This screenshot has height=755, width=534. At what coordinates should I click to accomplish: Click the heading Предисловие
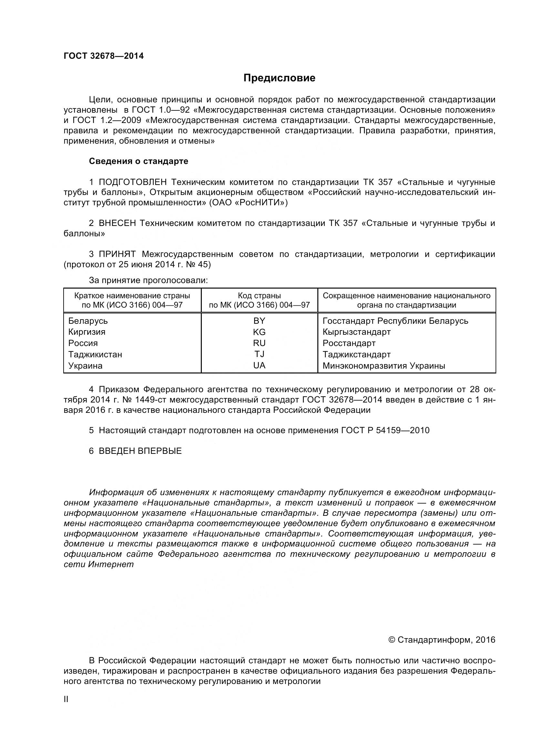tap(279, 78)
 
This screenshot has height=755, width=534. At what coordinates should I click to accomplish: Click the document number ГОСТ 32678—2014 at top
tap(104, 56)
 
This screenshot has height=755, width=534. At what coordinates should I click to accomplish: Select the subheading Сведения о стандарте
tap(139, 161)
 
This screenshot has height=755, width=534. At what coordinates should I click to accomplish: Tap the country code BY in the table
tap(259, 321)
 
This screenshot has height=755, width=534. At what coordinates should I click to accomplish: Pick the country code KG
tap(259, 332)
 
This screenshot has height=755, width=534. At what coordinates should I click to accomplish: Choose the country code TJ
tap(259, 354)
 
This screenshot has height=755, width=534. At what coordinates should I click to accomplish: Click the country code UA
tap(259, 365)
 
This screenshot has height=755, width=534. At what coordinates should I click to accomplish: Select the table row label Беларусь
tap(88, 321)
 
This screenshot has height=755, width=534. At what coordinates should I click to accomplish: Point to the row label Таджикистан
tap(95, 354)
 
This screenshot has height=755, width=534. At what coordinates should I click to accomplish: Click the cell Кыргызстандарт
tap(356, 332)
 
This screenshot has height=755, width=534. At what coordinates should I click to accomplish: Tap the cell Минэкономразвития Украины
tap(384, 366)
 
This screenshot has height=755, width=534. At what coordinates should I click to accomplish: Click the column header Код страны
tap(259, 296)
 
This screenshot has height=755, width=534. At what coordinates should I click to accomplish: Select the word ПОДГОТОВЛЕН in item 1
tap(133, 182)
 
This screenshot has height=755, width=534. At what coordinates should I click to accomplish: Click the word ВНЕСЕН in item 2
tap(117, 223)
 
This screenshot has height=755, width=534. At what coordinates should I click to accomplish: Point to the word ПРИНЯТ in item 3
tap(117, 254)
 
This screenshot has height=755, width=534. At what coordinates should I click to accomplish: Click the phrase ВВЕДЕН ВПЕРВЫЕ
tap(140, 451)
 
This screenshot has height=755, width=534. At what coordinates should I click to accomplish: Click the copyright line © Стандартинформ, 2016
tap(442, 640)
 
